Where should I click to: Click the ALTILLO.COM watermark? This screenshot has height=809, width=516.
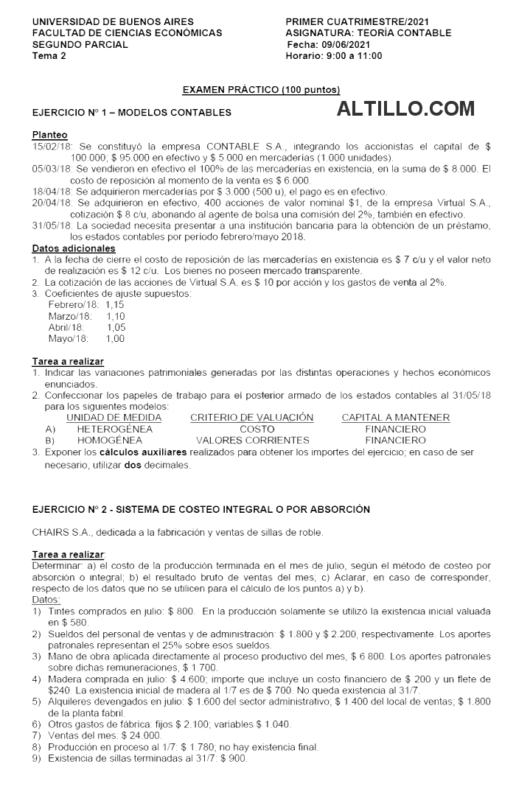[405, 110]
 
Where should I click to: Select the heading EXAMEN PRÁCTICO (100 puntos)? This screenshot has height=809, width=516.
[261, 90]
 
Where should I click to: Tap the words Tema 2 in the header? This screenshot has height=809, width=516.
[49, 55]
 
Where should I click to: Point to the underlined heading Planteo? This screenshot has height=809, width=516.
[49, 136]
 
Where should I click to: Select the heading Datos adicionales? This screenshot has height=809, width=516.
[74, 248]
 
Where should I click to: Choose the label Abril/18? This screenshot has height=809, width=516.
[66, 327]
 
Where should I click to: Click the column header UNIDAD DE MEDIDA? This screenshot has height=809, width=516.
[114, 418]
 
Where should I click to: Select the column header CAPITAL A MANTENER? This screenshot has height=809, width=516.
[395, 418]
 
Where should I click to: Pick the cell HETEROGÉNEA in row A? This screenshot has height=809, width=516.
[114, 429]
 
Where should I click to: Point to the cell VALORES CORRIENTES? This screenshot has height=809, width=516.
[253, 440]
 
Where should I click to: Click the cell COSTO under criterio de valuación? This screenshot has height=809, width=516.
[257, 429]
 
